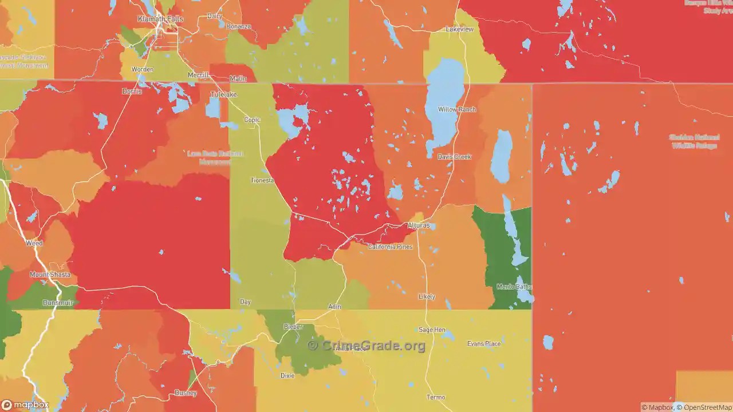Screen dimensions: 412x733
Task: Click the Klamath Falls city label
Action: (160, 19)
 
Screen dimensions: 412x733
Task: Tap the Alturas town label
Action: (418, 225)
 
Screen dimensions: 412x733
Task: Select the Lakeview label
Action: (460, 29)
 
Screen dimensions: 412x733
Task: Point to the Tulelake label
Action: (223, 94)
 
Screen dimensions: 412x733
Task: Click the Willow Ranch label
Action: (456, 109)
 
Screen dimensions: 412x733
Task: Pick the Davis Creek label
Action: (454, 157)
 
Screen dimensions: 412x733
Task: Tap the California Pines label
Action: (390, 247)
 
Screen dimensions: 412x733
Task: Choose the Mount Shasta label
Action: (50, 275)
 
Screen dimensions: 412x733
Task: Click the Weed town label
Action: (34, 243)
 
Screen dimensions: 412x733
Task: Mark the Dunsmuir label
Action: (58, 303)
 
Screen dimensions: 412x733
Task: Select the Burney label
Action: (186, 393)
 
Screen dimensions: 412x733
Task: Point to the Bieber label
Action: (293, 327)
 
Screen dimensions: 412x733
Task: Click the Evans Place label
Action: (484, 344)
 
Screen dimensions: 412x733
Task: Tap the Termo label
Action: (436, 397)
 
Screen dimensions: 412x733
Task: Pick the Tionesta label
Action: (263, 180)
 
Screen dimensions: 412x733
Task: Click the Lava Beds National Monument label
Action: (215, 157)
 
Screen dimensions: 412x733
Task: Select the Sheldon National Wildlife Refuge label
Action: (693, 141)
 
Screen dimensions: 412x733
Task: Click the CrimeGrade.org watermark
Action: (366, 346)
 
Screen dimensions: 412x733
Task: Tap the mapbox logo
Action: (25, 405)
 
